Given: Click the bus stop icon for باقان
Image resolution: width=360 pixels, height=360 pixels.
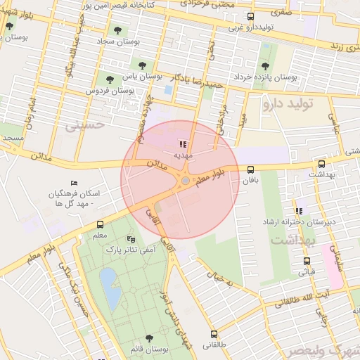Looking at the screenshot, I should click(x=251, y=169).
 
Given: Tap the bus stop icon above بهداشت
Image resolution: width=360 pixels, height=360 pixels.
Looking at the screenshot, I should click(x=322, y=162).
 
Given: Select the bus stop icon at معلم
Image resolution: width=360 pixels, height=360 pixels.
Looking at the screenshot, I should click(x=99, y=225).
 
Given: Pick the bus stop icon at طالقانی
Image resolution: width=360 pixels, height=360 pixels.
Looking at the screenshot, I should click(x=214, y=335).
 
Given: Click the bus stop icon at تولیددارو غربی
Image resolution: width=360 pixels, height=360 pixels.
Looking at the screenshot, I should click(x=251, y=17).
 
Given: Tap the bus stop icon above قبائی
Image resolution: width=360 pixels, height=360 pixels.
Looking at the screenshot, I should click(x=306, y=259).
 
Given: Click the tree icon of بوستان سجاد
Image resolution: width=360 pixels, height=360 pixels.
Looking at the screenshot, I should click(x=117, y=30).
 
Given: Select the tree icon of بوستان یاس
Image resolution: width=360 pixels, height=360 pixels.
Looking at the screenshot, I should click(x=109, y=76).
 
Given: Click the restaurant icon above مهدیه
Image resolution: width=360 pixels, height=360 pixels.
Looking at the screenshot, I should click(x=184, y=144).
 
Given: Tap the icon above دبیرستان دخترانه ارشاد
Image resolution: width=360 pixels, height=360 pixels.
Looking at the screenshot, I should click(x=299, y=211).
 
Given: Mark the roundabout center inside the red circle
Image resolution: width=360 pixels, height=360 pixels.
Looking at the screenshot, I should click(x=184, y=182).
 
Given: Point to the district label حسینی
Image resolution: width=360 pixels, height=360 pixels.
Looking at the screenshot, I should click(x=84, y=126).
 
